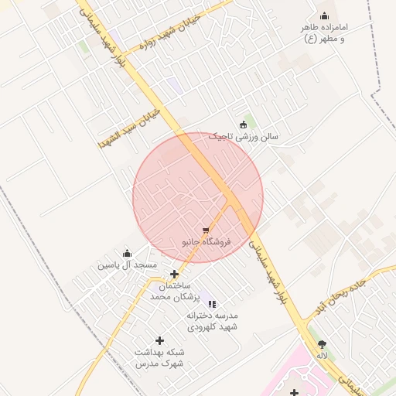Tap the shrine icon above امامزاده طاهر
coord(324,15)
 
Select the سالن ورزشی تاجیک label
coord(247,137)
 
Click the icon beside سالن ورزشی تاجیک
coord(244,125)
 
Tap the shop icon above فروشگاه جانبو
coord(206,230)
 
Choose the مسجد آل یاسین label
coord(127,265)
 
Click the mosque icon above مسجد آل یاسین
coord(127,253)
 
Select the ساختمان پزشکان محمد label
coord(175,291)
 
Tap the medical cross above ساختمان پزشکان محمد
coord(175,274)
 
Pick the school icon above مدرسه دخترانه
coord(213,304)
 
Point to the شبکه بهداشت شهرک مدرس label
coord(159,357)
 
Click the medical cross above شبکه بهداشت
coord(160,340)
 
